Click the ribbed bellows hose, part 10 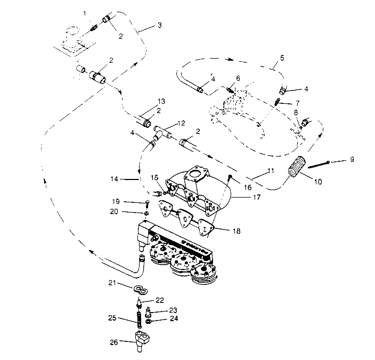click(295, 165)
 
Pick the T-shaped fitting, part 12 click(162, 132)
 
